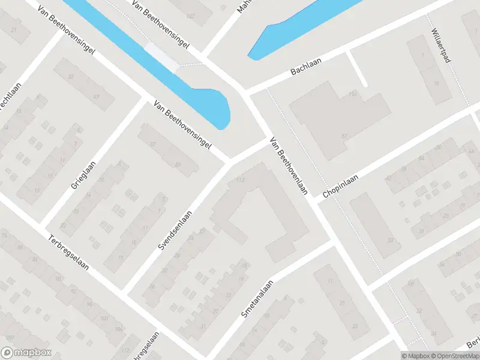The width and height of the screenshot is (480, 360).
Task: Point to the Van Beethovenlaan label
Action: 289,166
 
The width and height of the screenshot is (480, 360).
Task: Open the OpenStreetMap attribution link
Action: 455,356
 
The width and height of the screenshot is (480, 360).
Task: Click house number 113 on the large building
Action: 242,179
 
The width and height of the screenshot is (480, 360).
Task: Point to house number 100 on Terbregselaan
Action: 104,317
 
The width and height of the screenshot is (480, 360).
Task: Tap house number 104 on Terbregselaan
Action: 118,329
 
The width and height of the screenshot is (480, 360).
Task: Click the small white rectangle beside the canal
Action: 162,57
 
